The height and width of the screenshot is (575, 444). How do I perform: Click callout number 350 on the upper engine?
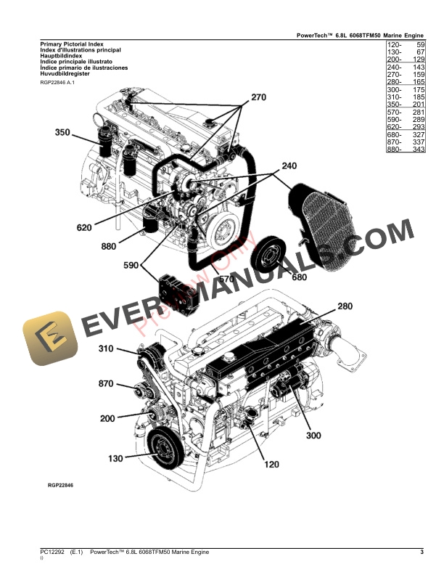point(63,132)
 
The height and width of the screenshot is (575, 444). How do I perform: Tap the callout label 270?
point(259,97)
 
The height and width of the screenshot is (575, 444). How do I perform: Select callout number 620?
point(85,227)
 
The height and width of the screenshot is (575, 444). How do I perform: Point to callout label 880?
point(109,247)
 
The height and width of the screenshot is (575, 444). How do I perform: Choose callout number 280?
point(345,306)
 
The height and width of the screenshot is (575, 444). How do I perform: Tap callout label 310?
point(107,349)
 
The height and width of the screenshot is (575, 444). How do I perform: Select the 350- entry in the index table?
point(395,103)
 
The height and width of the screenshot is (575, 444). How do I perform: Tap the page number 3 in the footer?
point(422,554)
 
